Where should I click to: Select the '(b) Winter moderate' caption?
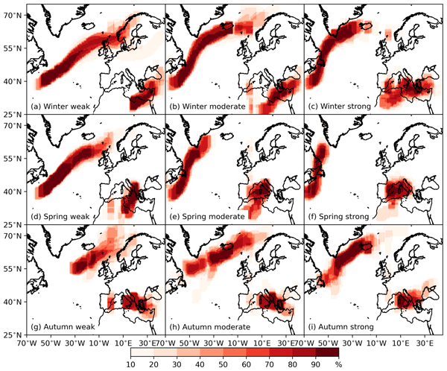(207, 106)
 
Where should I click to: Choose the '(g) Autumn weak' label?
(65, 326)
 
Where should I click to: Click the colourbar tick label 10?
(131, 364)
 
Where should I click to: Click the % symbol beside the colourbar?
(337, 364)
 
